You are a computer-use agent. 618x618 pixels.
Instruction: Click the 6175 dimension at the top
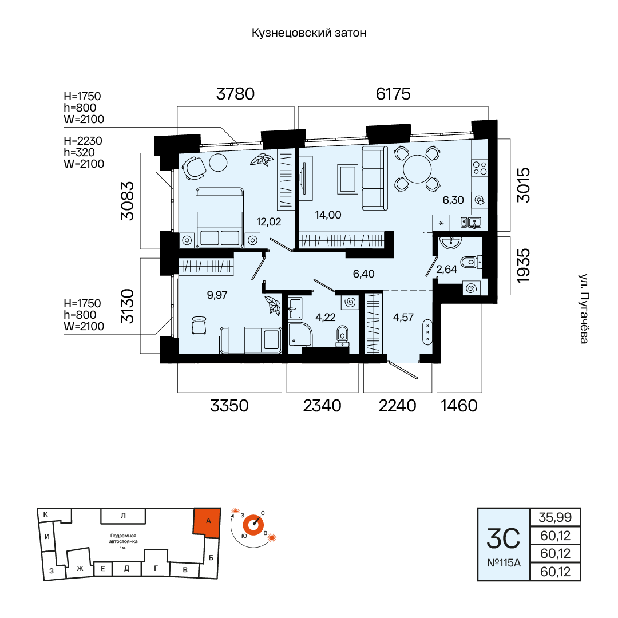pyautogui.click(x=393, y=94)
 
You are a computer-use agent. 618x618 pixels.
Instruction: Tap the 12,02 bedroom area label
pyautogui.click(x=269, y=222)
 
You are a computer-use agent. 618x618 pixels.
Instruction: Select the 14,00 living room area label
pyautogui.click(x=328, y=215)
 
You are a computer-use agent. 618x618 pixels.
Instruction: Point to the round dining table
pyautogui.click(x=417, y=169)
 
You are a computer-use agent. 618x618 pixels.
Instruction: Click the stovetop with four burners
pyautogui.click(x=480, y=168)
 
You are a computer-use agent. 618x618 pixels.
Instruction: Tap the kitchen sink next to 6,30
pyautogui.click(x=470, y=223)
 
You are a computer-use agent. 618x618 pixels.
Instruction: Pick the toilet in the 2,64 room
pyautogui.click(x=471, y=262)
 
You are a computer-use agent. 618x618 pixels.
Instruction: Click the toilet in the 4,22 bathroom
pyautogui.click(x=342, y=335)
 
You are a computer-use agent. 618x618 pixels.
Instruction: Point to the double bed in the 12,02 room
pyautogui.click(x=220, y=217)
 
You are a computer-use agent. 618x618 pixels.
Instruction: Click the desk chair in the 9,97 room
pyautogui.click(x=199, y=325)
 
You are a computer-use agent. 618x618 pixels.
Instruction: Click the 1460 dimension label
pyautogui.click(x=459, y=406)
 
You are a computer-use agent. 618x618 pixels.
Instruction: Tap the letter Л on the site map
pyautogui.click(x=123, y=516)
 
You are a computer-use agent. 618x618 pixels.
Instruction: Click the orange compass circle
pyautogui.click(x=253, y=525)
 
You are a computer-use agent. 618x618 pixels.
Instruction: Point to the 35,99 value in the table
pyautogui.click(x=555, y=517)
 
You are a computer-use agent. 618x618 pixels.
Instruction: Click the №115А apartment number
pyautogui.click(x=504, y=563)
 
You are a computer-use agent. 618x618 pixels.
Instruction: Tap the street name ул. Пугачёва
pyautogui.click(x=583, y=308)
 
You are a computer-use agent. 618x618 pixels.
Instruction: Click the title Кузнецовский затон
pyautogui.click(x=309, y=33)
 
